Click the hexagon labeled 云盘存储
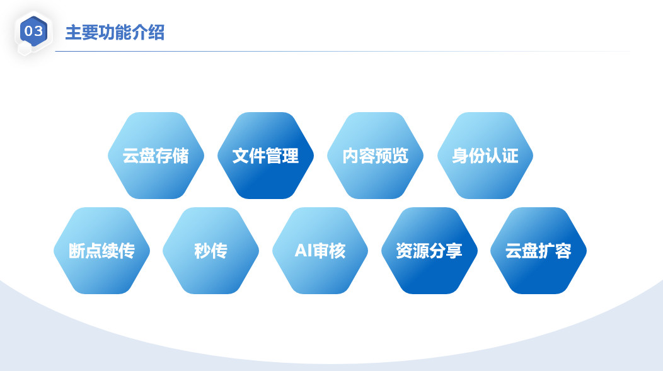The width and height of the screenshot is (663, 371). click(x=156, y=156)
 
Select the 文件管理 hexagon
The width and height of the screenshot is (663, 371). click(x=265, y=156)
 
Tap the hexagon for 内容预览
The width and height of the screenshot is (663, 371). click(x=375, y=156)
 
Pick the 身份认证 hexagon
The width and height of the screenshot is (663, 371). click(x=485, y=156)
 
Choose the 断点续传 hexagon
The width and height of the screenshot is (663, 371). click(x=102, y=251)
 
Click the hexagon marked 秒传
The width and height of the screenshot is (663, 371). click(x=210, y=251)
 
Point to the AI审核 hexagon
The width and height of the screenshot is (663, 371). click(x=320, y=251)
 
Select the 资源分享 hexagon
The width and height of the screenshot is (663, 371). click(x=429, y=251)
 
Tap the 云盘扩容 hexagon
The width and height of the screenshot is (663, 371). click(x=538, y=251)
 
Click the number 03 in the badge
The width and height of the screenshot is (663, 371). click(x=33, y=31)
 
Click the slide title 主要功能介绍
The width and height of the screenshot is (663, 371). click(x=115, y=33)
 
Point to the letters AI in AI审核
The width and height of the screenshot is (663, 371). click(x=303, y=251)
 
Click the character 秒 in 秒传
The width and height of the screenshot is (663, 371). click(x=202, y=251)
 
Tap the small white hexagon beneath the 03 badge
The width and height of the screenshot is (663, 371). click(x=25, y=49)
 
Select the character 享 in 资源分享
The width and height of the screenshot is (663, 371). click(x=454, y=251)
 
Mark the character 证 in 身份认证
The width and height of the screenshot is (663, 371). click(x=510, y=156)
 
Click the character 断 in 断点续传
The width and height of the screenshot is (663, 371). click(x=77, y=251)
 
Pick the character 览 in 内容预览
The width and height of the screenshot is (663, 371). click(x=400, y=156)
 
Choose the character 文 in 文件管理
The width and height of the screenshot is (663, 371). click(x=241, y=156)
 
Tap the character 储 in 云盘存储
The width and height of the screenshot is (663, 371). click(x=180, y=156)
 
